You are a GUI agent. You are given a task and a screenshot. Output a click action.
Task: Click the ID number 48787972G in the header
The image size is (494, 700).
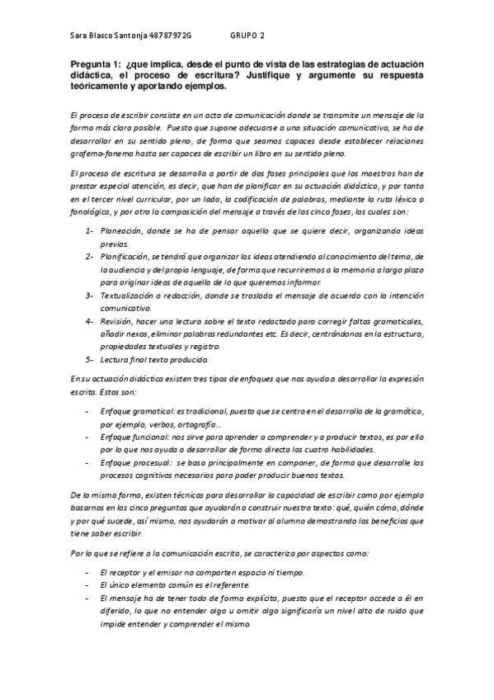click(x=167, y=36)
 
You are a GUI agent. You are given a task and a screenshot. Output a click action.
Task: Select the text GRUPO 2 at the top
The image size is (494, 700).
click(x=247, y=36)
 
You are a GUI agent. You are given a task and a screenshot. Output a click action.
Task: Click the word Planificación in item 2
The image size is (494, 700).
click(x=126, y=257)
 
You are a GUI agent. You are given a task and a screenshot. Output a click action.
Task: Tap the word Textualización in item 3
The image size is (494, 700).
click(x=130, y=295)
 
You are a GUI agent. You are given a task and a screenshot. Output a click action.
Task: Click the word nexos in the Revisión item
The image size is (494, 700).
click(x=140, y=333)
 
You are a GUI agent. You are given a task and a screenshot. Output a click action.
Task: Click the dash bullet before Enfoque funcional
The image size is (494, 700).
click(x=88, y=437)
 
